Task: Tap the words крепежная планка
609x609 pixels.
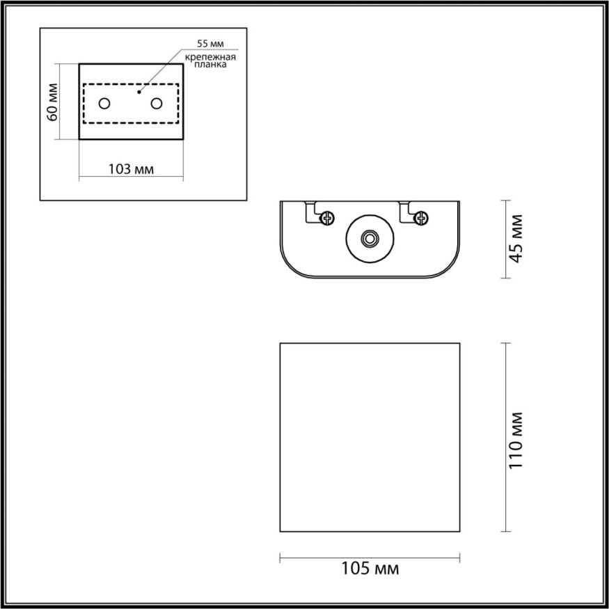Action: (211, 61)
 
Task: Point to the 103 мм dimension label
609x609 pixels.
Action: (132, 169)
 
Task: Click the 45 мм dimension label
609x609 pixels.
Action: (517, 239)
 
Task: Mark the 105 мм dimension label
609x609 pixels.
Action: (370, 569)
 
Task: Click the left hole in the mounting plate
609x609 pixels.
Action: (104, 104)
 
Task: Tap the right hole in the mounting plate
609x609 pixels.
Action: (157, 104)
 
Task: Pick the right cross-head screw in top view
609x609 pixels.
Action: (420, 219)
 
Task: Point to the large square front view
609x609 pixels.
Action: (370, 437)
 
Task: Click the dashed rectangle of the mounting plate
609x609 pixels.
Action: (131, 85)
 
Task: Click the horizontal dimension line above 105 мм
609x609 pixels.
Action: (370, 557)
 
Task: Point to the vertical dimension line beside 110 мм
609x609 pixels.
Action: (504, 437)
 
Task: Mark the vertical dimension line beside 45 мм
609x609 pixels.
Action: (504, 239)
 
